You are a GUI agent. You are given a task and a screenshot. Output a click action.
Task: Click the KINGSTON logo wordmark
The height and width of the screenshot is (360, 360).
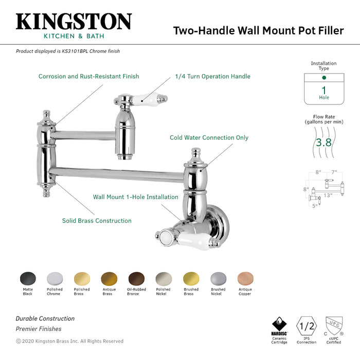click(74, 22)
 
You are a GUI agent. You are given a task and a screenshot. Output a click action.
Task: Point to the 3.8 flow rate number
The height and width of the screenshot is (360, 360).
click(323, 142)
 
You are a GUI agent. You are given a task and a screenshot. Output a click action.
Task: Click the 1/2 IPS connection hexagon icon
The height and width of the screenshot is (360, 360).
click(307, 326)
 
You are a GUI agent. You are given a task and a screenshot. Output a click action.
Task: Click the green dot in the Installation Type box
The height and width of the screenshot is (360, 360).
click(323, 78)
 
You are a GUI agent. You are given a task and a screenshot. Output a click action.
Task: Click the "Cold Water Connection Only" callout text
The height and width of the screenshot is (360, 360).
click(209, 138)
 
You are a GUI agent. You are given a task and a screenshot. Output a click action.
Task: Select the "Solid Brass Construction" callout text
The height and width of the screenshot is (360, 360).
click(97, 221)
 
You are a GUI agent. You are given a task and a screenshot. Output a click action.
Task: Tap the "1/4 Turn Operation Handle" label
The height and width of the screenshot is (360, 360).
click(212, 77)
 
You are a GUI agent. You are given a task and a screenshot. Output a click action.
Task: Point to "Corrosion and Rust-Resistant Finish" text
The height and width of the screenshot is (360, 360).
click(88, 77)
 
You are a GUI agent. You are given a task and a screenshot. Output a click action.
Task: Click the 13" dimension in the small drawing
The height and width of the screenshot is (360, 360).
click(328, 195)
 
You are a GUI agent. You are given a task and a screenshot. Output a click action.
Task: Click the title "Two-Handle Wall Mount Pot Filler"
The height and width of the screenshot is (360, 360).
click(258, 30)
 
